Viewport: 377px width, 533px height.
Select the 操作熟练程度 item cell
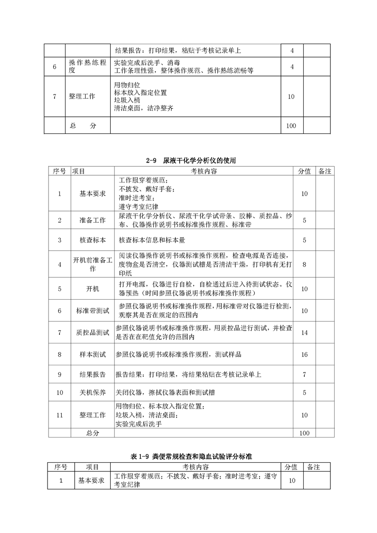[87, 67]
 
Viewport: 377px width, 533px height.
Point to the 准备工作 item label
[92, 220]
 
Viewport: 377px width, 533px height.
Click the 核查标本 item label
[92, 240]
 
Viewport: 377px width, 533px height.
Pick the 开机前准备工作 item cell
[92, 265]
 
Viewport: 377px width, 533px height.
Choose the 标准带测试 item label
[92, 311]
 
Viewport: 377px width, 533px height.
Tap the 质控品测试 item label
[92, 333]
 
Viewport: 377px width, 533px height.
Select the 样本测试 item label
[92, 354]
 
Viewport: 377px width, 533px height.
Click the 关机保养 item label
[92, 392]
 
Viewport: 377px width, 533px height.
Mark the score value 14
[305, 333]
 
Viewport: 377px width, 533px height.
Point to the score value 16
[305, 354]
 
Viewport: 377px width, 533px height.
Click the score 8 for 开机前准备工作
[305, 265]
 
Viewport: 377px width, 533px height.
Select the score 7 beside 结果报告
[305, 374]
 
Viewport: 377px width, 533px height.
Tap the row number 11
[59, 415]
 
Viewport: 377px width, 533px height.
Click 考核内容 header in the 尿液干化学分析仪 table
[204, 171]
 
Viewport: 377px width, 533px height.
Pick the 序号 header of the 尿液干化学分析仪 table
[59, 171]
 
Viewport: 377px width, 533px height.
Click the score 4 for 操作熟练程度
[292, 67]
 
